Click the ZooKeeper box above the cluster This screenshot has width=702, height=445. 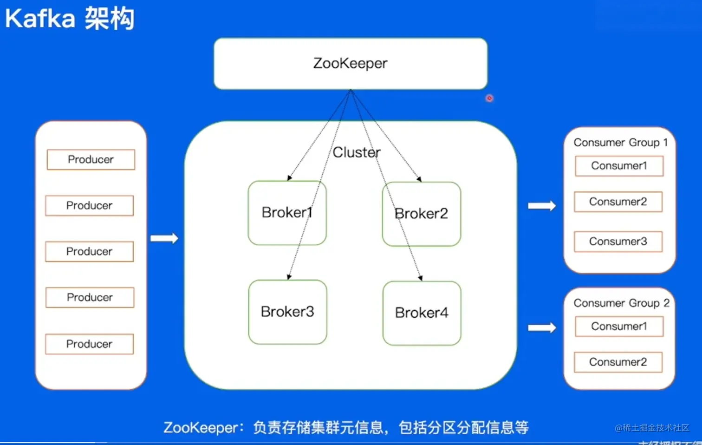[350, 64]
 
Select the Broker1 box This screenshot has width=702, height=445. [287, 213]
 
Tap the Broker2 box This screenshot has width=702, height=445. [421, 214]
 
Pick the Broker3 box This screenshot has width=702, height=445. [287, 312]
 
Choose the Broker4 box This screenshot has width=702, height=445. [422, 313]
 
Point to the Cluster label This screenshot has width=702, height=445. [357, 152]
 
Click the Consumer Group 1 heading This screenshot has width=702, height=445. [620, 143]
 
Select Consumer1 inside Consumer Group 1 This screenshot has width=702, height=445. [619, 166]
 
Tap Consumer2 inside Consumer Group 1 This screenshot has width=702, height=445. [618, 202]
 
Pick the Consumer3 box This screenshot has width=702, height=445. [618, 242]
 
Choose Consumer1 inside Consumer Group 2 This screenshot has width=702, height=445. [619, 326]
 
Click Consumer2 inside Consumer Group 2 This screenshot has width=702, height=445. [618, 362]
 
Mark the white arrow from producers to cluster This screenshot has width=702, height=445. [164, 238]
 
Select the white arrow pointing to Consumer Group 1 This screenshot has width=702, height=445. [542, 206]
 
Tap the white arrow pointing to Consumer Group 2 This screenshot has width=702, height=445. [542, 327]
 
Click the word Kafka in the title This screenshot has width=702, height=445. [40, 19]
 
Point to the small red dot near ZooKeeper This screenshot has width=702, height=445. [489, 98]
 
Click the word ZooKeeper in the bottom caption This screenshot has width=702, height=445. [201, 427]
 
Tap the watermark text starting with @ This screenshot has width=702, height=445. [652, 427]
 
